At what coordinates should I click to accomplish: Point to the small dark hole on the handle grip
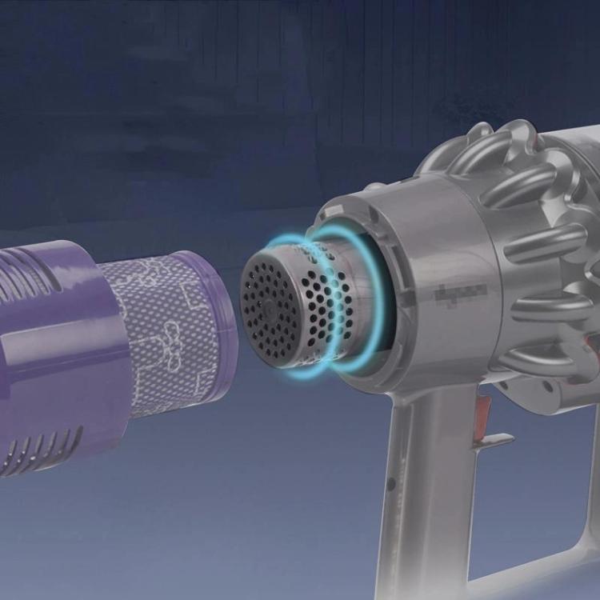point(390,485)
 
